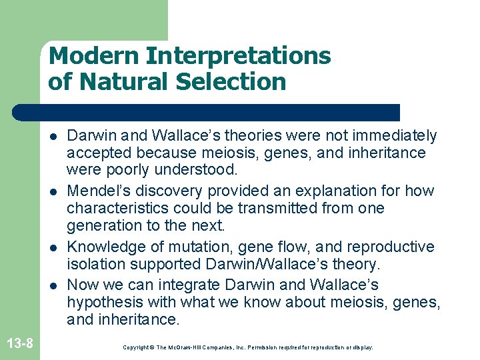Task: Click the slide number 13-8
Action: [20, 344]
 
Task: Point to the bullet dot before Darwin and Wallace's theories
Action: [53, 136]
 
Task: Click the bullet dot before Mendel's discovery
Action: [53, 191]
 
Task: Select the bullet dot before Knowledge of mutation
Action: [53, 247]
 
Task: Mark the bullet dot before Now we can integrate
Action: [53, 285]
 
